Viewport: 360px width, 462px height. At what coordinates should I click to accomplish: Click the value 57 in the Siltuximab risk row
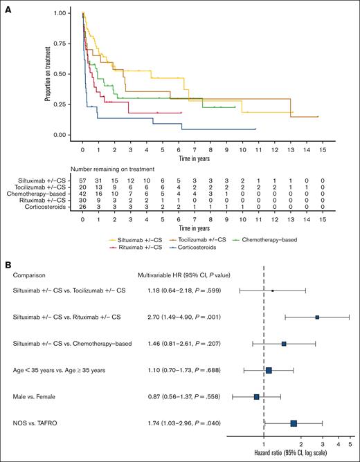coord(83,180)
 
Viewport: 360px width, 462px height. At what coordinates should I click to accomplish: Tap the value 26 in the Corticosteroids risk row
coord(83,205)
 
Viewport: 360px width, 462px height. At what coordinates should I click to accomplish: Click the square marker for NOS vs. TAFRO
coord(294,423)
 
